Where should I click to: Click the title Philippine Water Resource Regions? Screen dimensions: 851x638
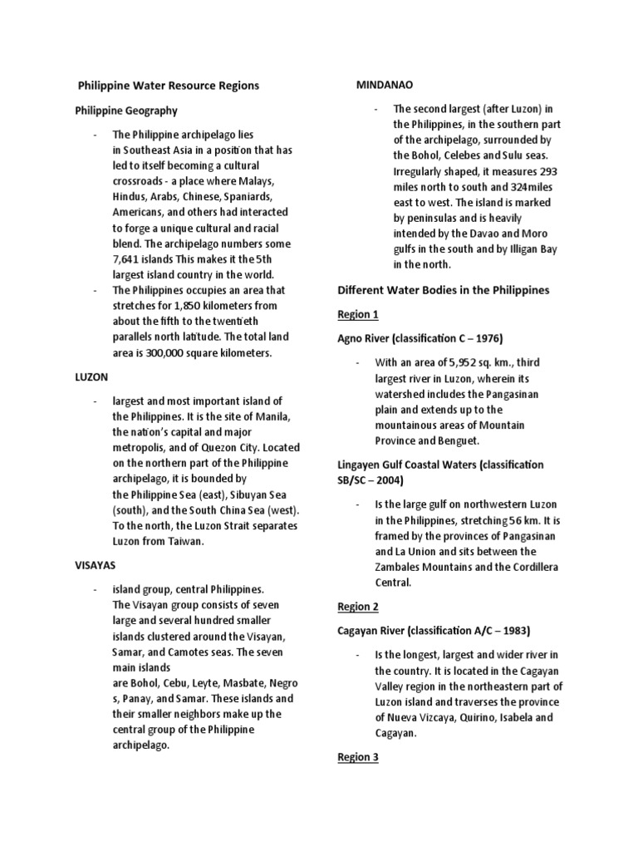pos(168,86)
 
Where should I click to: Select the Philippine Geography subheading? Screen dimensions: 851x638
pos(125,111)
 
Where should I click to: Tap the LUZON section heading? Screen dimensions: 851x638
pos(91,376)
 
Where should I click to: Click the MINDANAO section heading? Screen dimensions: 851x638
pos(385,85)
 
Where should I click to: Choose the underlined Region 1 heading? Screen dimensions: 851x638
pos(357,314)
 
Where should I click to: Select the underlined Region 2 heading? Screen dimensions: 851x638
pos(357,607)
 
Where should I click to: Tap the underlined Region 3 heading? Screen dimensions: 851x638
pos(357,757)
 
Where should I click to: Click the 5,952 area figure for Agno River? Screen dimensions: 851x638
pos(466,362)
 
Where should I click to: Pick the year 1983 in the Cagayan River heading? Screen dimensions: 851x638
pos(513,630)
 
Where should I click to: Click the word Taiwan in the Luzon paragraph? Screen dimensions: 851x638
pos(185,541)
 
